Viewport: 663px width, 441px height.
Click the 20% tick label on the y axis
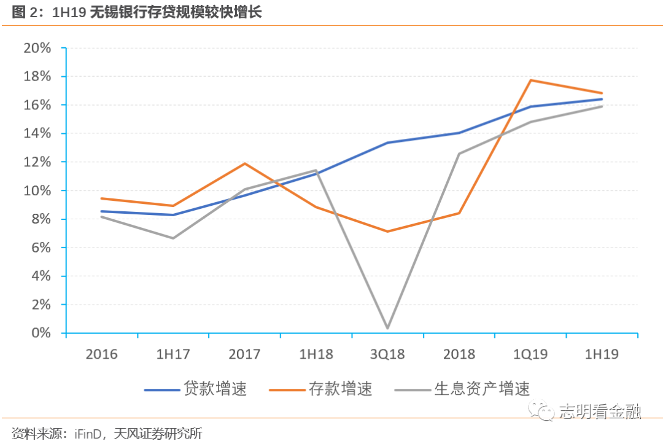click(36, 49)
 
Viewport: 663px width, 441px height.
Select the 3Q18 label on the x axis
click(387, 354)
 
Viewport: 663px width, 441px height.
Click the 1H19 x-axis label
click(602, 354)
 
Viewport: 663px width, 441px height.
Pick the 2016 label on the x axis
click(102, 354)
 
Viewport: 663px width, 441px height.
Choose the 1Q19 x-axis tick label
click(530, 354)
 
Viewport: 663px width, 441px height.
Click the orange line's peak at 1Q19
click(530, 80)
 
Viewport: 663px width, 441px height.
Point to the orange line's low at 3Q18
click(387, 232)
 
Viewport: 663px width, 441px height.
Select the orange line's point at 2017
click(245, 163)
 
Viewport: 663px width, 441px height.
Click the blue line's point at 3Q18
click(387, 143)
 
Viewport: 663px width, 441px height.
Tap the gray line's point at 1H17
click(173, 238)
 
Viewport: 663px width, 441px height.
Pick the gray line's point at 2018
click(459, 154)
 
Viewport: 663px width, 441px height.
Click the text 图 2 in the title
click(23, 12)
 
